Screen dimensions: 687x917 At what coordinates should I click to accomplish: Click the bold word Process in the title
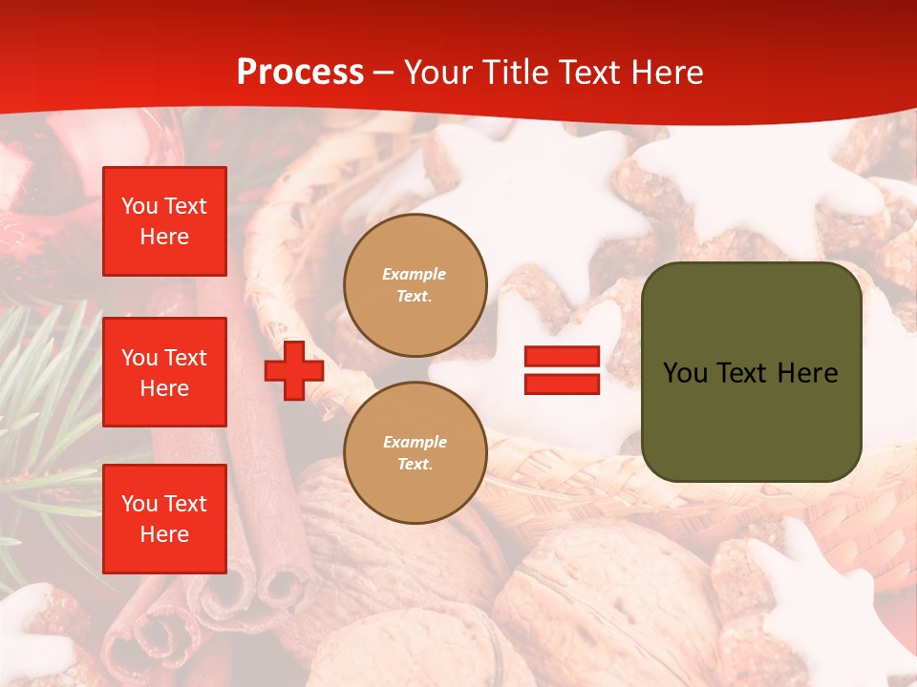(x=300, y=72)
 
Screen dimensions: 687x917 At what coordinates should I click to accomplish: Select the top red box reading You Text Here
(x=164, y=221)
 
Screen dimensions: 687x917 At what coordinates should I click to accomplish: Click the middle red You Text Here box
(x=164, y=372)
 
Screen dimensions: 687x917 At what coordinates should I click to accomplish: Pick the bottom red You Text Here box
(x=164, y=519)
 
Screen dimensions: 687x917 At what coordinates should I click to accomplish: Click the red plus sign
(x=294, y=370)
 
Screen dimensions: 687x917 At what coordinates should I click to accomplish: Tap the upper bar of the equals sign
(x=562, y=357)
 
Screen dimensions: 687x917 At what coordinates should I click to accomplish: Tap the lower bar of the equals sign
(x=562, y=384)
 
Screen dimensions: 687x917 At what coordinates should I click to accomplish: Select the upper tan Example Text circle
(x=416, y=284)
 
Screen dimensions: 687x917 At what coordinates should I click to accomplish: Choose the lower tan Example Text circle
(x=416, y=452)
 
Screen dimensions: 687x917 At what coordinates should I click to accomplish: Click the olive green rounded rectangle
(x=751, y=420)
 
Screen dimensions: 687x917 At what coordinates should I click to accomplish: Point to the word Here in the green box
(x=807, y=373)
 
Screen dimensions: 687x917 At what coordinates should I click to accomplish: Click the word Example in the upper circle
(x=415, y=274)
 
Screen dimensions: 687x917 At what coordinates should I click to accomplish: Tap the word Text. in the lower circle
(x=415, y=464)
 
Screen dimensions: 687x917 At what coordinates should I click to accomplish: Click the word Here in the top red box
(x=164, y=237)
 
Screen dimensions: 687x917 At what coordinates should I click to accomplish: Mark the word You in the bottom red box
(x=139, y=504)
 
